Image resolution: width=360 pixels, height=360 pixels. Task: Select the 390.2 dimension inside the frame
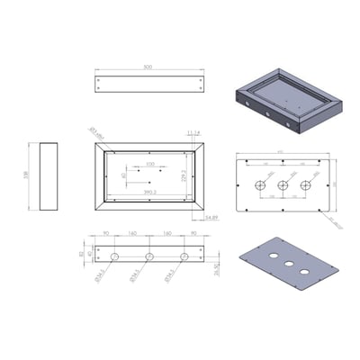coord(149,192)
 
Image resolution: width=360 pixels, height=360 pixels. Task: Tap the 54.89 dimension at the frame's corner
coord(212,218)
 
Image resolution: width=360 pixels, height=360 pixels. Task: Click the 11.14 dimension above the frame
coord(193,132)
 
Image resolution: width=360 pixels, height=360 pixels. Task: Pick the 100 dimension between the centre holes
coord(149,165)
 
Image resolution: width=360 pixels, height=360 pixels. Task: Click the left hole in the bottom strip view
coord(114,256)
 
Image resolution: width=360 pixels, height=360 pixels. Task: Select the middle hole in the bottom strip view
coord(149,256)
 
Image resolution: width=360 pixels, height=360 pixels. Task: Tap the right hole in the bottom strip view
coord(184,256)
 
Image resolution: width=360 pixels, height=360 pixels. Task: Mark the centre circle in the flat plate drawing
coord(283,185)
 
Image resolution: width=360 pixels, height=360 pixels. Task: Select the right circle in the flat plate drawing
coord(305,185)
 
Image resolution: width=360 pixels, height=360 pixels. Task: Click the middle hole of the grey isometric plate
coord(291,265)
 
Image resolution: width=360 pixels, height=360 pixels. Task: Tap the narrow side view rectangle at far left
coord(49,176)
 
